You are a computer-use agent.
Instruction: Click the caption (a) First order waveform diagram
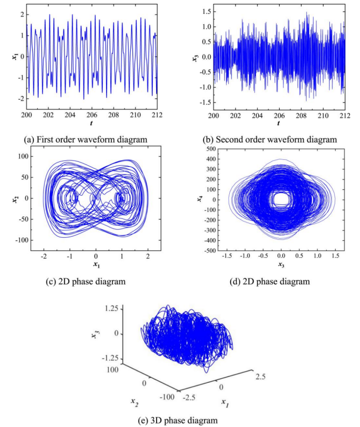tap(87, 139)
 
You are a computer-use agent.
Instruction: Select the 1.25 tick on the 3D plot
tap(111, 308)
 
